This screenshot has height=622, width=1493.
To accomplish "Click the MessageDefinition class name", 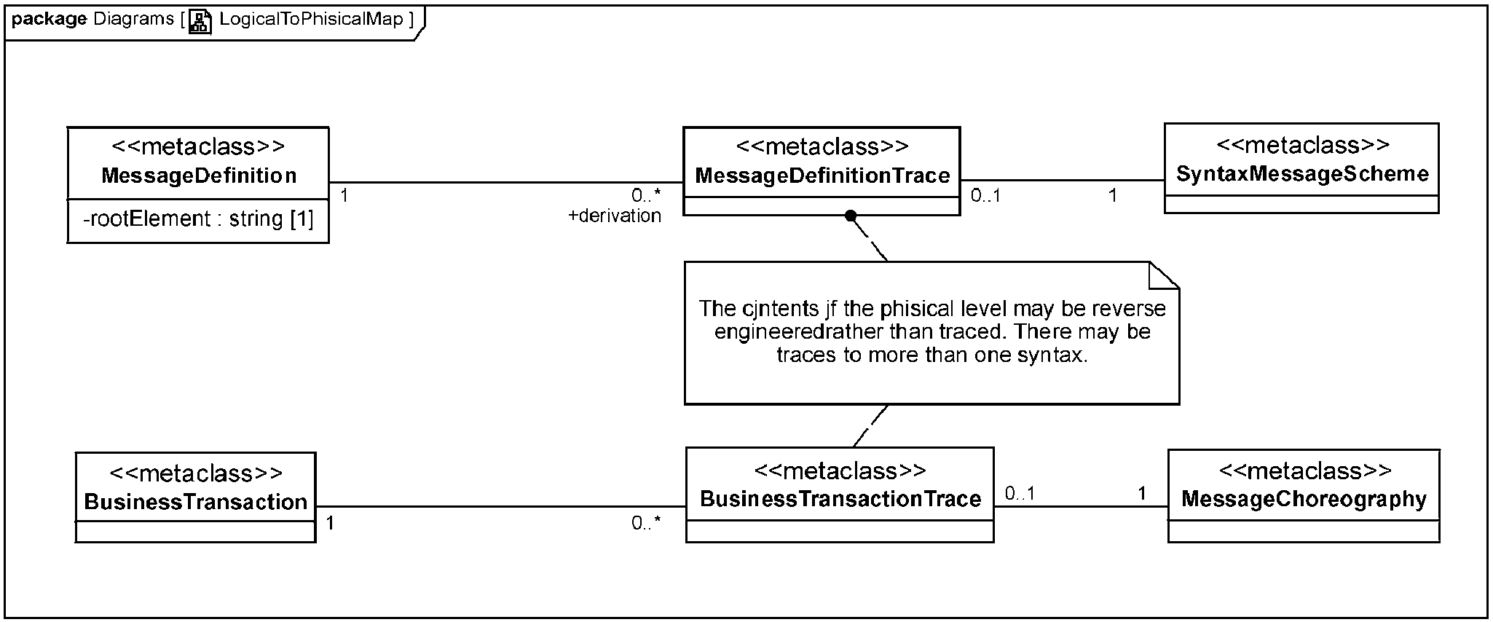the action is coord(199,176).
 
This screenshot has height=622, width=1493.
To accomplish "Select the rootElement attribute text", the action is coord(198,219).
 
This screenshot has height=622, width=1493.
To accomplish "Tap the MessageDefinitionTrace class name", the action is coord(822,176).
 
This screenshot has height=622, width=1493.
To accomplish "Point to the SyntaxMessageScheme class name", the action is coord(1302,174).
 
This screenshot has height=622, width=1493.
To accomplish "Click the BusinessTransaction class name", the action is coord(196,502).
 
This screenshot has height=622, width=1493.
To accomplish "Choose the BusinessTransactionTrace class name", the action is coord(840,499).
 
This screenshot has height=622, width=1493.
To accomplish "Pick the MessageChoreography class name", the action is coord(1304,499).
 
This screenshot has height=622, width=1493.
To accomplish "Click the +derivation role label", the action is coord(615,216).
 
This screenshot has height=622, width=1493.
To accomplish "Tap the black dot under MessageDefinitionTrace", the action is coord(850,216).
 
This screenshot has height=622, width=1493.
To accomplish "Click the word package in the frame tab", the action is coord(50,20).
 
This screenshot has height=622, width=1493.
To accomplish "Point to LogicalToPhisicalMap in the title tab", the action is coord(311,19).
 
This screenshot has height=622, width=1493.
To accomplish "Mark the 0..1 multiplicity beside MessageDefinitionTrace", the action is coord(985,195).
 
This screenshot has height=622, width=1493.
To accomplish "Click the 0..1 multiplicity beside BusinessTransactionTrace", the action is coord(1020,494).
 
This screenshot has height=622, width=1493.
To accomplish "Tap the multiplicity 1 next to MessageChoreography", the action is coord(1142,494).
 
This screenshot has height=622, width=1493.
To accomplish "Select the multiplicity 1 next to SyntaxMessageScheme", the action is coord(1112,195).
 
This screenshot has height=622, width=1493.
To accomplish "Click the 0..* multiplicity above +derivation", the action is coord(646,195).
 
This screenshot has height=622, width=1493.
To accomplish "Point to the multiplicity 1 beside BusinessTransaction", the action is coord(330,523).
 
